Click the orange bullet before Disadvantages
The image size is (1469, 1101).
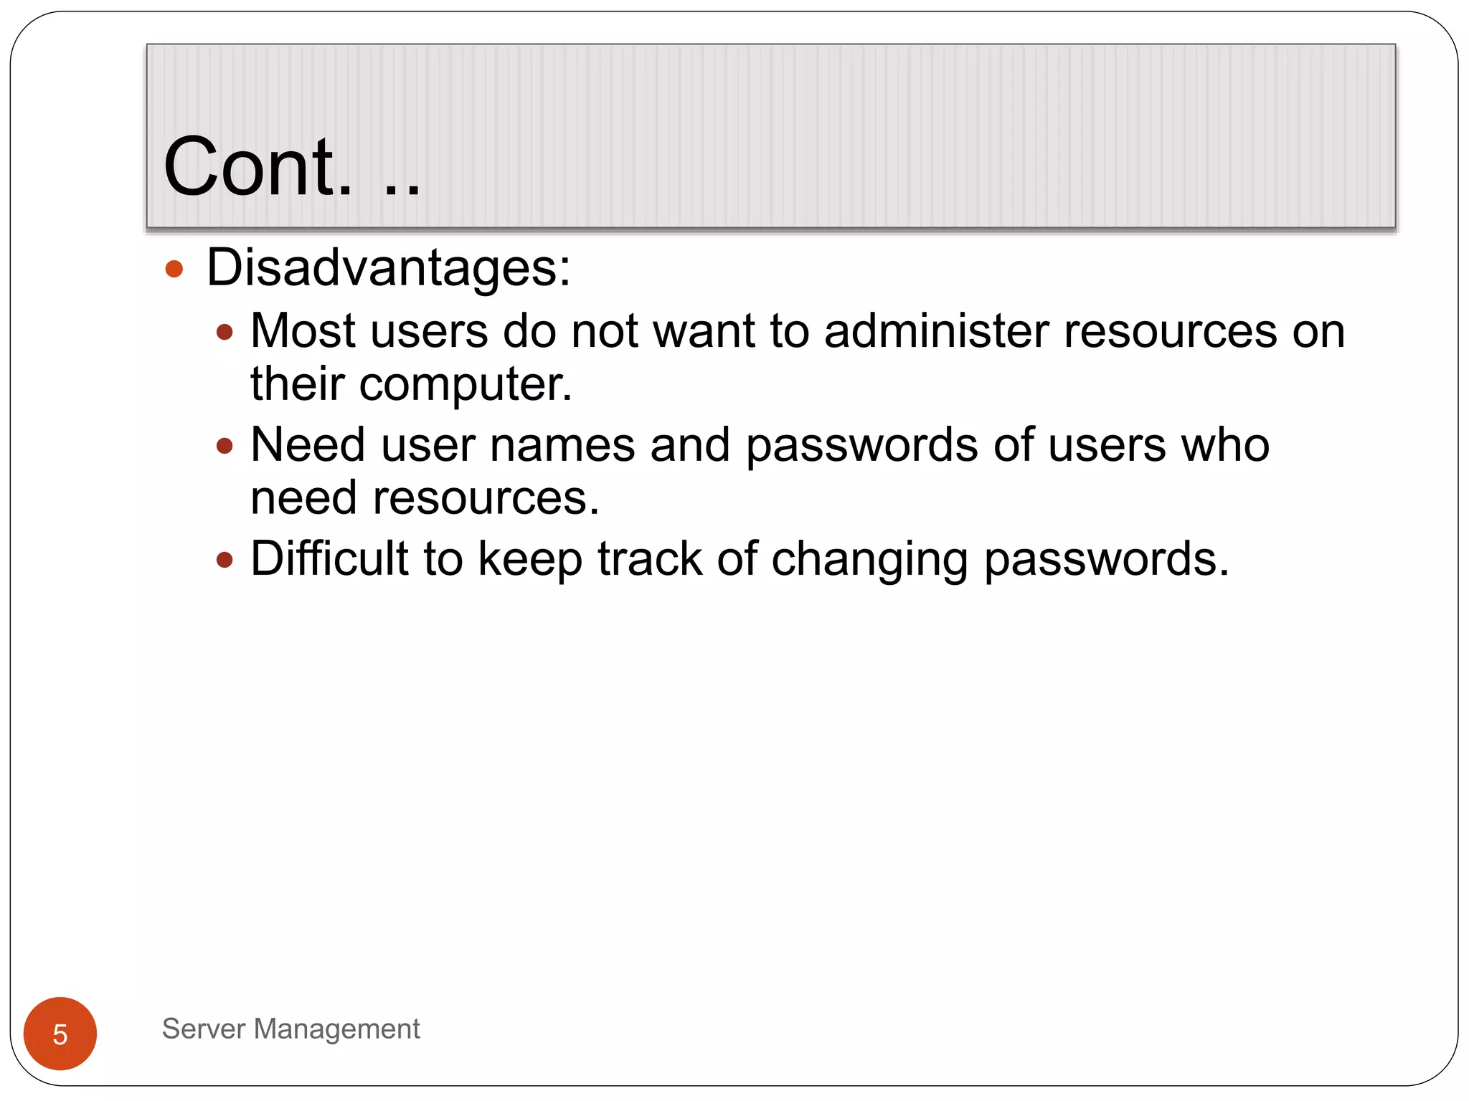coord(174,270)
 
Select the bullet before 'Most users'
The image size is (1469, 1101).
coord(225,332)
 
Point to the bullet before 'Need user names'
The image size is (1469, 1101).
coord(225,446)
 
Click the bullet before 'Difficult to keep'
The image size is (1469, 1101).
coord(225,559)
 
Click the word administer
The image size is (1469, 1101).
coord(936,331)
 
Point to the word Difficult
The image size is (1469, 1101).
coord(329,558)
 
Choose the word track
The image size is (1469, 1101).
coord(650,559)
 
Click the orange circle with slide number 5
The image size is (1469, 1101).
coord(60,1034)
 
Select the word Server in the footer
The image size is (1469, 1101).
coord(204,1029)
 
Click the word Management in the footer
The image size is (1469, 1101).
coord(337,1029)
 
